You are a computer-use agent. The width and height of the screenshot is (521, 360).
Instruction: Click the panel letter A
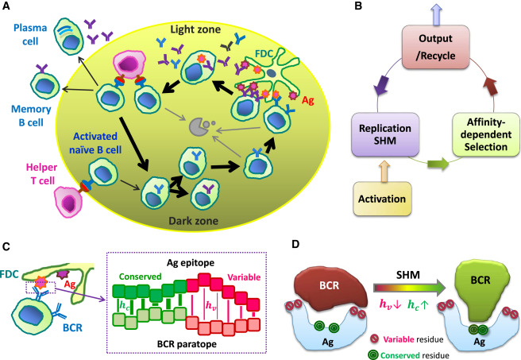pyautogui.click(x=7, y=7)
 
